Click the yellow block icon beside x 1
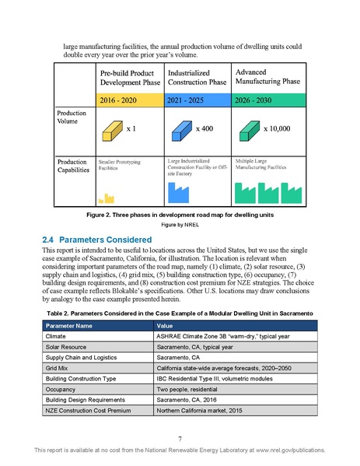pyautogui.click(x=113, y=129)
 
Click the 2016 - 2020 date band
pyautogui.click(x=130, y=100)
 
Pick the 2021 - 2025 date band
pyautogui.click(x=197, y=100)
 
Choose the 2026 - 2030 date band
pyautogui.click(x=264, y=100)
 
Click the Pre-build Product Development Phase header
pyautogui.click(x=129, y=77)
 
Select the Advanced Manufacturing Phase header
pyautogui.click(x=265, y=76)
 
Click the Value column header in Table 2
pyautogui.click(x=165, y=347)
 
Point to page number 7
pyautogui.click(x=180, y=439)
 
